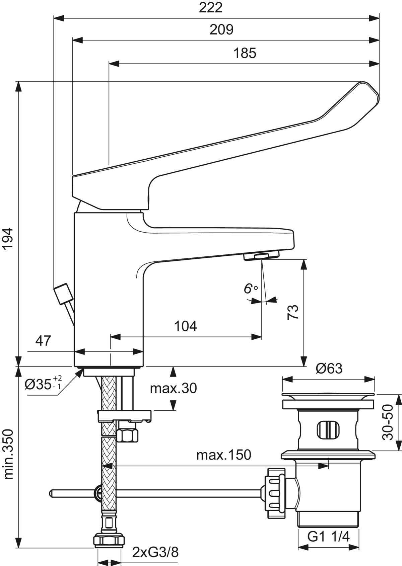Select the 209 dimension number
tap(221, 30)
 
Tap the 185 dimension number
tap(245, 53)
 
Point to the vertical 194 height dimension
tap(9, 239)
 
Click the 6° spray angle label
tap(251, 289)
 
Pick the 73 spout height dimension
tap(293, 312)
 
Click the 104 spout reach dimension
tap(186, 326)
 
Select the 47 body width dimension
tap(43, 341)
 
